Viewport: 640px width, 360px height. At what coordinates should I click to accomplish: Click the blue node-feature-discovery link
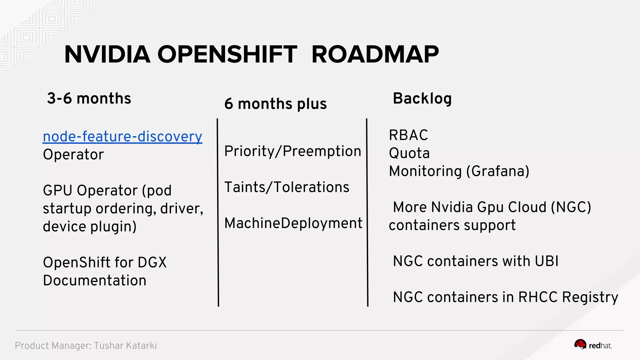pos(122,137)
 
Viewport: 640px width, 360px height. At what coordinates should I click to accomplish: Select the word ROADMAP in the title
pos(375,54)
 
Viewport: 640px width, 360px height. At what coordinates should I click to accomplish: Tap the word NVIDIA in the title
pos(107,54)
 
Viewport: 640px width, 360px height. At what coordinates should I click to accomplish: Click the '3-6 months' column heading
pos(89,98)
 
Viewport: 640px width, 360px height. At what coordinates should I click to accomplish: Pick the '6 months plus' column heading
pos(275,104)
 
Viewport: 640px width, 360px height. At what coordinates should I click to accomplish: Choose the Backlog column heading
pos(422,98)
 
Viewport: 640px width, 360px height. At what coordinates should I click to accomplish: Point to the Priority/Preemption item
pos(292,151)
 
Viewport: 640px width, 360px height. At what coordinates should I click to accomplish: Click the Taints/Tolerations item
pos(287,187)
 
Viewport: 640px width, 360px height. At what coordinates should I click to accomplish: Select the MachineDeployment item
pos(293,223)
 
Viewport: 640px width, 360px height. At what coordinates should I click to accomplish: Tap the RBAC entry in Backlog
pos(408,135)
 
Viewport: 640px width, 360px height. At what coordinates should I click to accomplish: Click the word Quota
pos(409,153)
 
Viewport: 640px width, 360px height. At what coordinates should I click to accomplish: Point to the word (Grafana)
pos(498,171)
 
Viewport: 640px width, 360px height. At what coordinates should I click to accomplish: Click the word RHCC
pos(537,297)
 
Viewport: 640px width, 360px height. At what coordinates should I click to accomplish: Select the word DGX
pos(152,262)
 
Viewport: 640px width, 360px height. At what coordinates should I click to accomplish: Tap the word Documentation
pos(94,281)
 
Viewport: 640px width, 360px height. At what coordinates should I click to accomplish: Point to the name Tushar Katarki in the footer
pos(125,346)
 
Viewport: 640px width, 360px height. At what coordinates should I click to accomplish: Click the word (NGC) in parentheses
pos(571,207)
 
